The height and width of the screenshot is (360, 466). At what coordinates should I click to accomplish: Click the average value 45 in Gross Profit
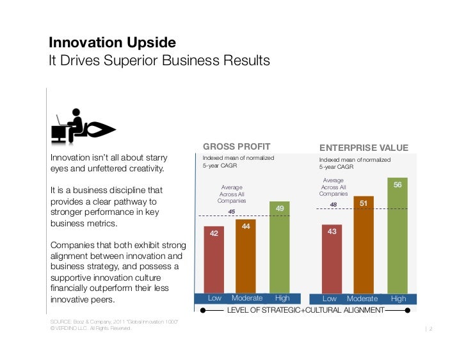232,212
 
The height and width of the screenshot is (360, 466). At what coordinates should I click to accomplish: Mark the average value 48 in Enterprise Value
333,205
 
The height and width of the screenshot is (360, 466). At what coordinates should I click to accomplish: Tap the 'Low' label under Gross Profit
214,299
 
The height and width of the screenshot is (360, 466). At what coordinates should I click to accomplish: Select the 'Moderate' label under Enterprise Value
362,299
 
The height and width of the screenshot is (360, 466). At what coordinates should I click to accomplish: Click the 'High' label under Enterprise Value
398,299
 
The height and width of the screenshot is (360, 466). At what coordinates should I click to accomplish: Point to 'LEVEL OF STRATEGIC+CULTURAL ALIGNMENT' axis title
305,310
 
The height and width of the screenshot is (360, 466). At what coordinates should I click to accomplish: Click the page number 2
432,329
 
